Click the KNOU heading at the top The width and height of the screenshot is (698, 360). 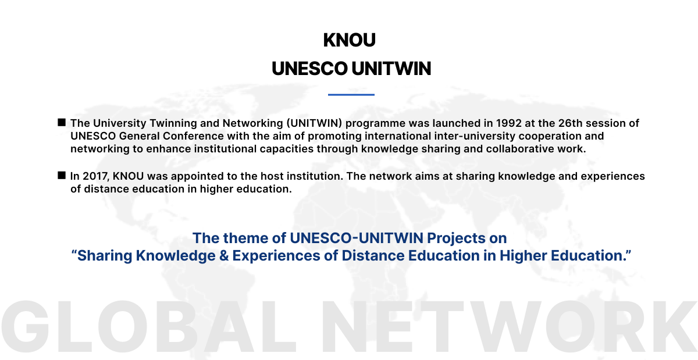tap(350, 40)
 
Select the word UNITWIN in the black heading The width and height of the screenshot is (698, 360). tap(391, 69)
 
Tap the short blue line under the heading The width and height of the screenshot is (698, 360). tap(351, 94)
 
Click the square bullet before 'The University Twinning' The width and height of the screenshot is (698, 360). tap(62, 122)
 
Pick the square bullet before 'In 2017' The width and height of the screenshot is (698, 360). tap(62, 175)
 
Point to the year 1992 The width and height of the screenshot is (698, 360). tap(509, 123)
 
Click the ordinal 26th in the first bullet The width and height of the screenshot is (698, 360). tap(570, 123)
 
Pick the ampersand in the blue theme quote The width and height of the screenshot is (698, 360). tap(224, 255)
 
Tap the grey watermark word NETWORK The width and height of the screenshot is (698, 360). tap(510, 326)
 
